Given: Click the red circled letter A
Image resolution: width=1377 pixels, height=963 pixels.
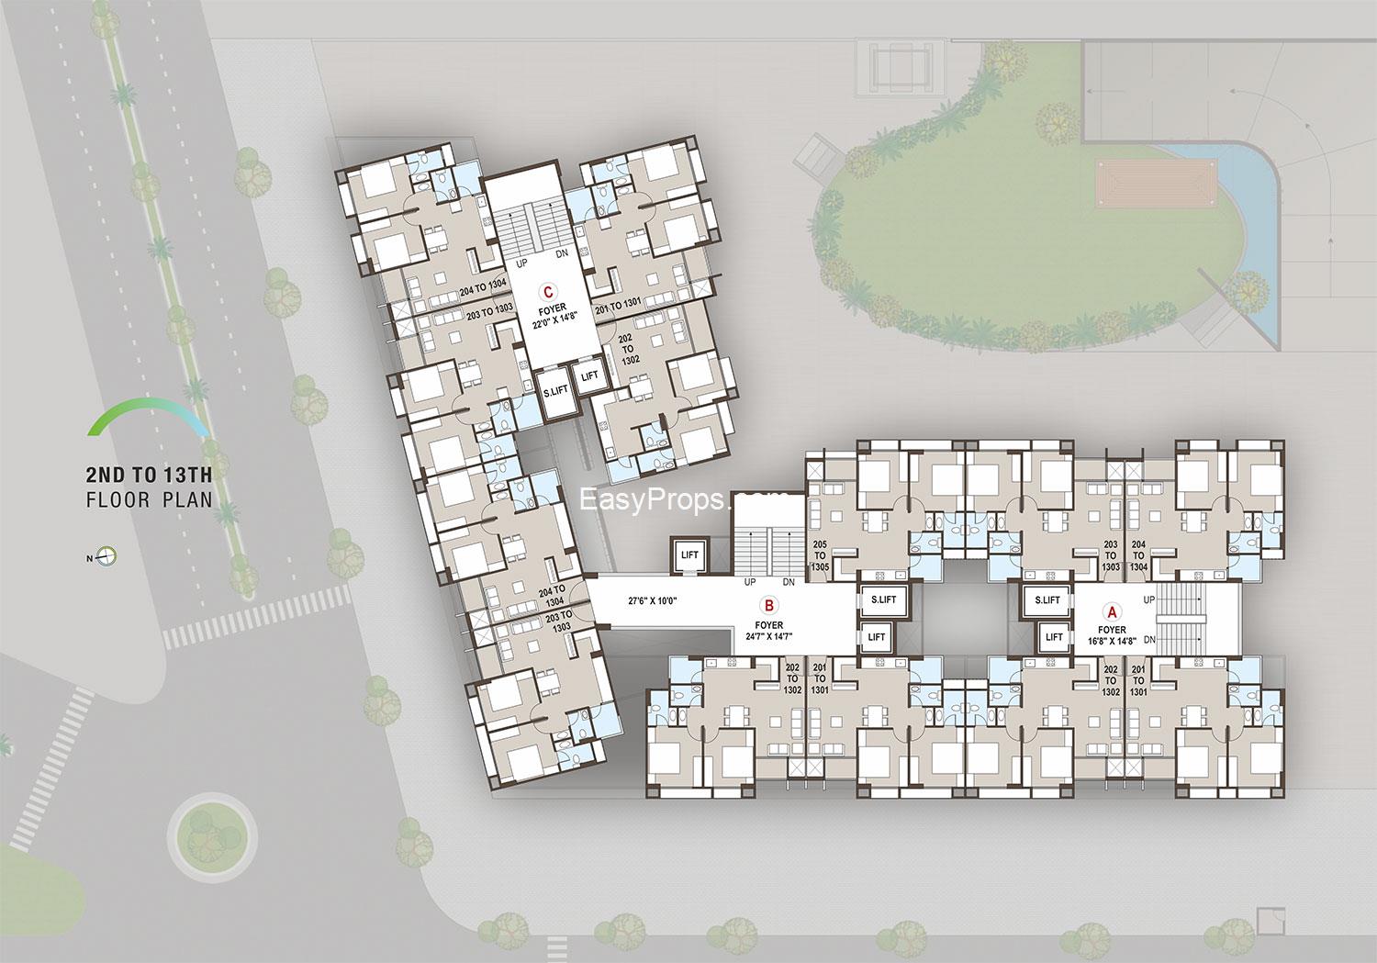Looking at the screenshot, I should (1112, 610).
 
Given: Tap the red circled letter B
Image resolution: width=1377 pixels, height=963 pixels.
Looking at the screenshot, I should (769, 605).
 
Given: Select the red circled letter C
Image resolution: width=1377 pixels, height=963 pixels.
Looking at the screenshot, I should (548, 292).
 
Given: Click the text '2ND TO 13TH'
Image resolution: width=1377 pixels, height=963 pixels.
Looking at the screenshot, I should (149, 475).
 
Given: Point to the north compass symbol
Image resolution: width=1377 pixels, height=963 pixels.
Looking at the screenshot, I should (107, 556).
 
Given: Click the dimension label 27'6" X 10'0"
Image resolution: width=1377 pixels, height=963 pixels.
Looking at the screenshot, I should (652, 602).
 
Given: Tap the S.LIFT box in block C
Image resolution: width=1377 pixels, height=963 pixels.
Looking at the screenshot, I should (554, 390).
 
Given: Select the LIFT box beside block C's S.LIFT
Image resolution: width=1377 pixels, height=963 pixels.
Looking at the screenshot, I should (589, 375).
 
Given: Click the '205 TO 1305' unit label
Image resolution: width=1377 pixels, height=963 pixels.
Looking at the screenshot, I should (821, 555).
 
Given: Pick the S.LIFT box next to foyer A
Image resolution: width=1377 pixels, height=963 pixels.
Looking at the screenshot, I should (1047, 600).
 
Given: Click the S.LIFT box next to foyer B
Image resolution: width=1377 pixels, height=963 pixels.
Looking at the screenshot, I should (882, 600).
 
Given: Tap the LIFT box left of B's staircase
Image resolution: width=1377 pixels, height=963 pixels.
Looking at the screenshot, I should (689, 554).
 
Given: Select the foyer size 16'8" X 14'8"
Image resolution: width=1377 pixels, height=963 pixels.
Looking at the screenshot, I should (1112, 641).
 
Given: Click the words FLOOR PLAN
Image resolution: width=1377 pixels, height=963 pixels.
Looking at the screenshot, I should (149, 500).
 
